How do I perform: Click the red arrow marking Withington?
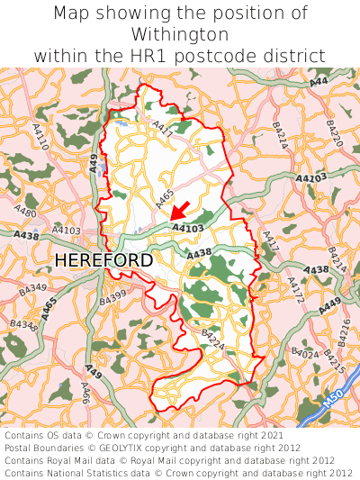[180, 210]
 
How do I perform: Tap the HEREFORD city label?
[103, 260]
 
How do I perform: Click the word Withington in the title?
[180, 34]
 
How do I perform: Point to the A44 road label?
[318, 83]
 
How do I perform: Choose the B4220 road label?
[335, 134]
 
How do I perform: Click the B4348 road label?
[24, 323]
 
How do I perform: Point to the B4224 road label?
[212, 340]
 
